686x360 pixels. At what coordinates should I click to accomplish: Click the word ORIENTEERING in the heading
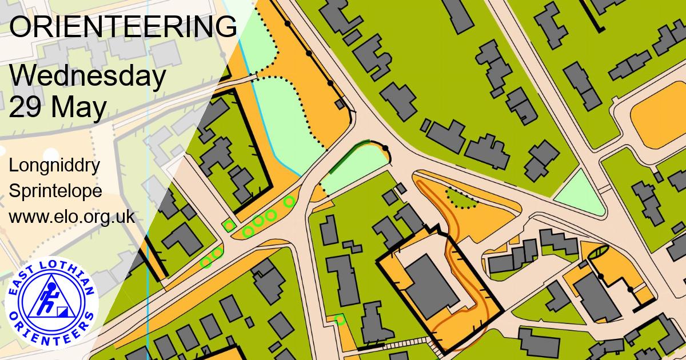coord(123,27)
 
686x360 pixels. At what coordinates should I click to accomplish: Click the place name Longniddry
coord(55,166)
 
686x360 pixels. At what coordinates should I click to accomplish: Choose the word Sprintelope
coord(55,191)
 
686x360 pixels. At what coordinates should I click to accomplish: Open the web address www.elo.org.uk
coord(71,217)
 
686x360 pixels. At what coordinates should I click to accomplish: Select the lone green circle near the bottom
coord(340,319)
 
